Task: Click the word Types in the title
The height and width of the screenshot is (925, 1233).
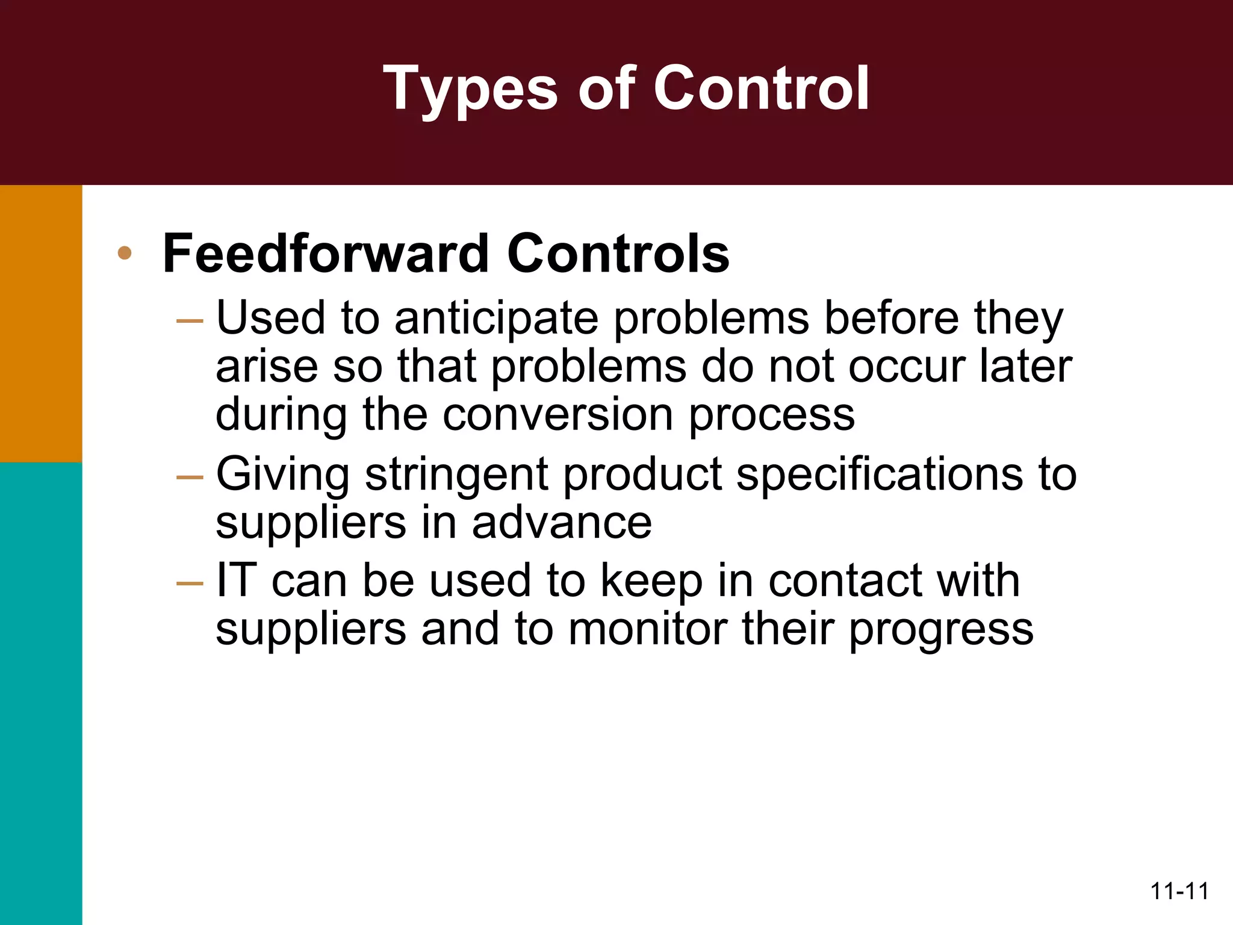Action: click(x=470, y=89)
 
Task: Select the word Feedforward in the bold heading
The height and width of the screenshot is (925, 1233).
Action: click(x=326, y=254)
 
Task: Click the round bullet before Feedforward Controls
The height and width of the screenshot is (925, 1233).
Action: click(x=125, y=253)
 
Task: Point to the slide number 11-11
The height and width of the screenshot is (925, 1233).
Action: click(x=1179, y=891)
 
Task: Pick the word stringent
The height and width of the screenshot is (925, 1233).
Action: click(x=456, y=475)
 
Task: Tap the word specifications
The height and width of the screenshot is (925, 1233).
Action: click(x=878, y=475)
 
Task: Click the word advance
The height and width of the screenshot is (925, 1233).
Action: click(x=561, y=522)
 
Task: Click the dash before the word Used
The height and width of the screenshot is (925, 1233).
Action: click(x=190, y=321)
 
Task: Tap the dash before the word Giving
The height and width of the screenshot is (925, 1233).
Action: click(x=190, y=478)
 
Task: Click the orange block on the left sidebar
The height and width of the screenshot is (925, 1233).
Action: click(x=41, y=323)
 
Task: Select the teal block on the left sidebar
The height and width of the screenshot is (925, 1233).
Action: click(x=41, y=693)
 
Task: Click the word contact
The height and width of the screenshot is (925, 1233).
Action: click(x=844, y=581)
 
